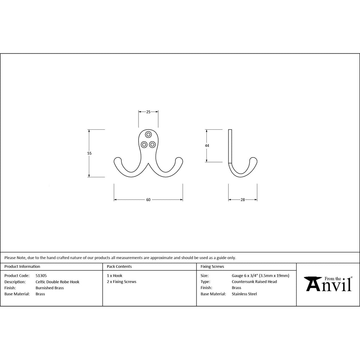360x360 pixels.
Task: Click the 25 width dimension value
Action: tap(148, 112)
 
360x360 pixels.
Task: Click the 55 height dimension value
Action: tap(89, 153)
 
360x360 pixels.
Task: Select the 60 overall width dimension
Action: tap(148, 200)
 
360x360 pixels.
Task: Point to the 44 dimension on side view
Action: tap(207, 146)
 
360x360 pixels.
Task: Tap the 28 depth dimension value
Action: tap(243, 200)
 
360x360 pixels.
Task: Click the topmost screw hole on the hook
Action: tap(148, 135)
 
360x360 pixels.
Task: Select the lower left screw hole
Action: tap(144, 144)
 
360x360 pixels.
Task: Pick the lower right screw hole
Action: tap(152, 144)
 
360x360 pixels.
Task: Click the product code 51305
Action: tap(41, 276)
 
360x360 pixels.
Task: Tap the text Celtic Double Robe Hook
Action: tap(57, 282)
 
